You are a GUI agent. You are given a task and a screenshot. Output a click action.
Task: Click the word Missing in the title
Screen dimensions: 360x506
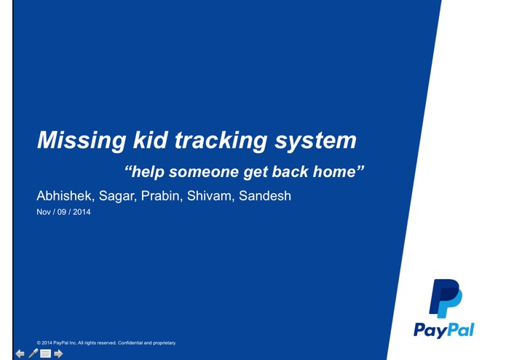(x=75, y=140)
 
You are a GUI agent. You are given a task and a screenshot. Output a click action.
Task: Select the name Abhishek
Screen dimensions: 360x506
(x=63, y=196)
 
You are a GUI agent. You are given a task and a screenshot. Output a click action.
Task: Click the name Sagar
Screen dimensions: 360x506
(x=116, y=196)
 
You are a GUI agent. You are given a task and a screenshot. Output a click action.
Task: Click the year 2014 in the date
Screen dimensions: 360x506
(x=82, y=213)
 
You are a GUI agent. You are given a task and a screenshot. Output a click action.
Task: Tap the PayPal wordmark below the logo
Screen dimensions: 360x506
(x=444, y=330)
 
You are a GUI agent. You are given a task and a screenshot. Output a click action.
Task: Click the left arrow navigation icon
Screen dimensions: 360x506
(x=20, y=353)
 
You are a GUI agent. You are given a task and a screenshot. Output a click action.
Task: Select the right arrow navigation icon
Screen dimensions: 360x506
(x=58, y=353)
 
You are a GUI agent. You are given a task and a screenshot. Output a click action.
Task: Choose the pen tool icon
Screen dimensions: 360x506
(x=33, y=353)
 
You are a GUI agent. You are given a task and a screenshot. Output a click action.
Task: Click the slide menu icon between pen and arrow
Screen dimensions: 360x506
(x=45, y=353)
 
